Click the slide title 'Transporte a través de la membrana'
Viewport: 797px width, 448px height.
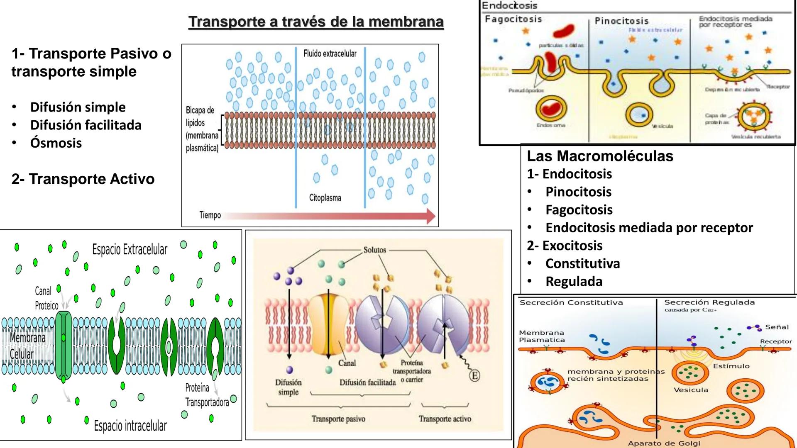pos(316,22)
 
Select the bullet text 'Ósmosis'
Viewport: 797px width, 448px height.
pos(56,143)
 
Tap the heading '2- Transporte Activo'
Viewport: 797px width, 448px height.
pos(83,179)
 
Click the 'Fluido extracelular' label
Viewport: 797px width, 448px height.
pos(330,54)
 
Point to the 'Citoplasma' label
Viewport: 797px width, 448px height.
pos(325,198)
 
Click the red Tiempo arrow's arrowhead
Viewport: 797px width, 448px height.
pos(431,216)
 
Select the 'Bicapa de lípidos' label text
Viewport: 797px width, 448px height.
pos(200,117)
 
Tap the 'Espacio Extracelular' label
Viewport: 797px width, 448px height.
pos(130,250)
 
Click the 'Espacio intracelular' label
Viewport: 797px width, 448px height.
pos(130,426)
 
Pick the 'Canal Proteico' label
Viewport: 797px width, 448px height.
pos(46,298)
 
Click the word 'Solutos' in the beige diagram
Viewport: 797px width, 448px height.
pos(374,250)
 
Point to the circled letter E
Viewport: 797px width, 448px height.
pos(474,376)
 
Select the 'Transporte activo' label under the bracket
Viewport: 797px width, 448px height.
pos(445,419)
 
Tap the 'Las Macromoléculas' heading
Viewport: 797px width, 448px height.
pos(600,156)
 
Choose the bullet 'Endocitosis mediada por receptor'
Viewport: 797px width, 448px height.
pos(649,228)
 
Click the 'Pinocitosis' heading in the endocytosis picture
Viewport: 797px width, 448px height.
pos(621,21)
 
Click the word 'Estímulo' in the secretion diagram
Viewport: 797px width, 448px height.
pos(731,366)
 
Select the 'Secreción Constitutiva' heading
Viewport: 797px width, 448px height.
pos(571,302)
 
